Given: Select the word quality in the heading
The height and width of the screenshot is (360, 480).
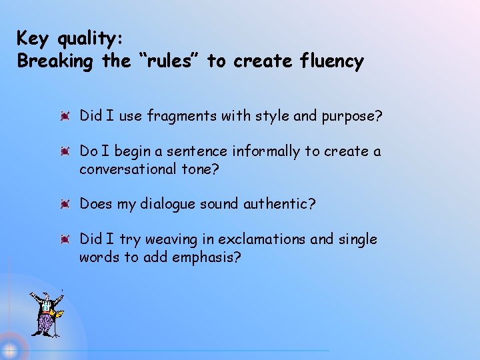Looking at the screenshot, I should tap(87, 38).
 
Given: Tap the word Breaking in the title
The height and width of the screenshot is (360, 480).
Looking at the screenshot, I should tap(56, 62).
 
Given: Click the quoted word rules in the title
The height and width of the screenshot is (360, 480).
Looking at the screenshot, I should tap(161, 62).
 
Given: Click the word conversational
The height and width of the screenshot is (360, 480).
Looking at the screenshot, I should tap(128, 169).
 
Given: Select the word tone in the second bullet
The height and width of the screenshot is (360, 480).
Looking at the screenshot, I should tap(201, 169).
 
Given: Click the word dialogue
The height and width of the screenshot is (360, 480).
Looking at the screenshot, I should tap(167, 204).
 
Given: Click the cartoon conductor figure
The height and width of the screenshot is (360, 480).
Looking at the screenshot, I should tap(45, 313).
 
